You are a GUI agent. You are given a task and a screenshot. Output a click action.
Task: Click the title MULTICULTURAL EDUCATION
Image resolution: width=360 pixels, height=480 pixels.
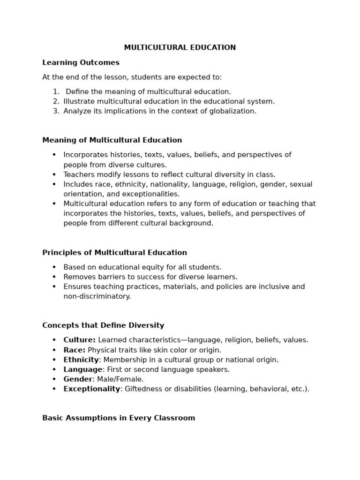(x=180, y=48)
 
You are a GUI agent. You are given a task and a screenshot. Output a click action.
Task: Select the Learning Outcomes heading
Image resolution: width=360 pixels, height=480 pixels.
(x=81, y=63)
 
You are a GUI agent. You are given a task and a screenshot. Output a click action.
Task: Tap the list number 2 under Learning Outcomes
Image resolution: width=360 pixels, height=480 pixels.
(x=56, y=101)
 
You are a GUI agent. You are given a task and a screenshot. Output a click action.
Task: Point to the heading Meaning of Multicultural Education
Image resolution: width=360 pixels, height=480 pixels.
(x=112, y=140)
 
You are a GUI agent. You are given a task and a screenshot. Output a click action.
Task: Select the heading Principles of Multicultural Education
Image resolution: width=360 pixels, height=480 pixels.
(x=114, y=253)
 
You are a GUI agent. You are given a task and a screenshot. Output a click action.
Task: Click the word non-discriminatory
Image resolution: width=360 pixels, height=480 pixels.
(x=97, y=296)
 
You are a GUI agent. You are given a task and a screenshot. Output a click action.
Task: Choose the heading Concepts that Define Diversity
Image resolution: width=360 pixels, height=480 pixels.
(x=103, y=325)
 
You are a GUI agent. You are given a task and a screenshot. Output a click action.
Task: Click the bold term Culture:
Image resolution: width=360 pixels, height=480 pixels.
(x=79, y=340)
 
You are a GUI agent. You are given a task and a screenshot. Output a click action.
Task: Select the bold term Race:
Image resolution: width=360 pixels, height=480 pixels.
(x=75, y=350)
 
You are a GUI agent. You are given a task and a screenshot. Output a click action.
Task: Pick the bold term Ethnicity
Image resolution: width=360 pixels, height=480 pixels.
(x=81, y=360)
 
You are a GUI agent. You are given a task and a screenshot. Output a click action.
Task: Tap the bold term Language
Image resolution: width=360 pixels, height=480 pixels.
(x=82, y=369)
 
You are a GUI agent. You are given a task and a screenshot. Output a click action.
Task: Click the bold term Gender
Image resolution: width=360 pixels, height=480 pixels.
(x=78, y=379)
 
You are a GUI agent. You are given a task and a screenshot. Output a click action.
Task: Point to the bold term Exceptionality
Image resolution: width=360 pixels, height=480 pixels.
(x=92, y=389)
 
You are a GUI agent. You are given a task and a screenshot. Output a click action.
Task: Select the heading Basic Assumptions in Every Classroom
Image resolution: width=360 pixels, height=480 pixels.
(x=119, y=418)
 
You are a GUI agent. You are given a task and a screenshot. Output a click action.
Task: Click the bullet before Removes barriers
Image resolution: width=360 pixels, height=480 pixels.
(x=54, y=277)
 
